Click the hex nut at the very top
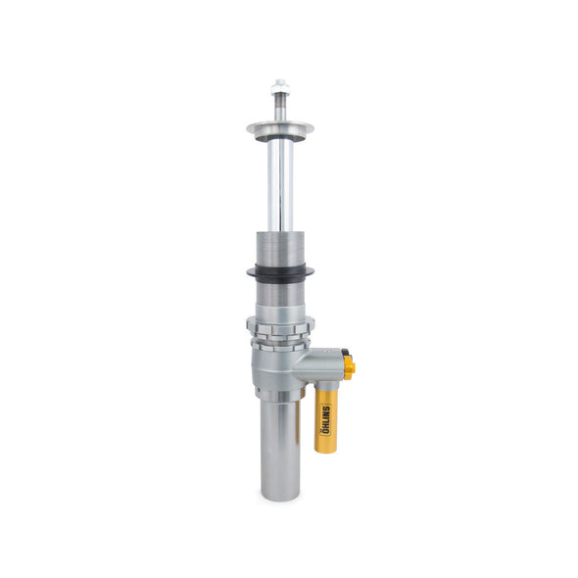tap(281, 85)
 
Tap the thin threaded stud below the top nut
tap(281, 106)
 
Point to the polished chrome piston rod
tap(280, 186)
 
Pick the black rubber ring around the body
tap(280, 273)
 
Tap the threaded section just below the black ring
tap(280, 292)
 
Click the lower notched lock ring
tap(281, 342)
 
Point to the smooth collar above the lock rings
tap(280, 311)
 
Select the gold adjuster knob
tap(349, 367)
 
